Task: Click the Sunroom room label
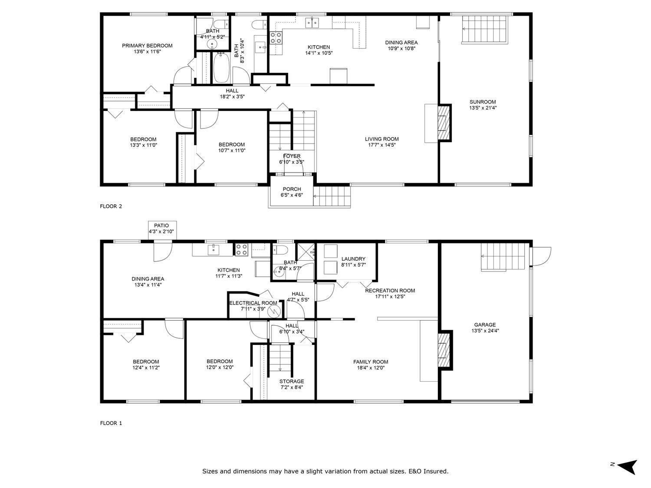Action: coord(482,102)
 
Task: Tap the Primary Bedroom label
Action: coord(147,46)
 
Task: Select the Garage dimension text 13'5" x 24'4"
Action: coord(484,331)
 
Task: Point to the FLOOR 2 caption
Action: coord(111,206)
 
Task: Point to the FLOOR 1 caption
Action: coord(111,423)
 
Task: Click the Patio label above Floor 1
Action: coord(161,226)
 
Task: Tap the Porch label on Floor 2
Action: coord(292,189)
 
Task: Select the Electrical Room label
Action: coord(253,303)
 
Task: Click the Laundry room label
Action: coord(353,259)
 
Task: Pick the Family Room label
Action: coord(370,362)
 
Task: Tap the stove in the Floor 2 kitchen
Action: coord(276,38)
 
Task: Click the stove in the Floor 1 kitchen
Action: coord(242,249)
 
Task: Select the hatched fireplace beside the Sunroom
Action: coord(444,123)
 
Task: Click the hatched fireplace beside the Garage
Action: coord(444,350)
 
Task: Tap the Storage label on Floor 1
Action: coord(292,381)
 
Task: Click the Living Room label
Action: coord(381,139)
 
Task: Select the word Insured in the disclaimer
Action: coord(434,471)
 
